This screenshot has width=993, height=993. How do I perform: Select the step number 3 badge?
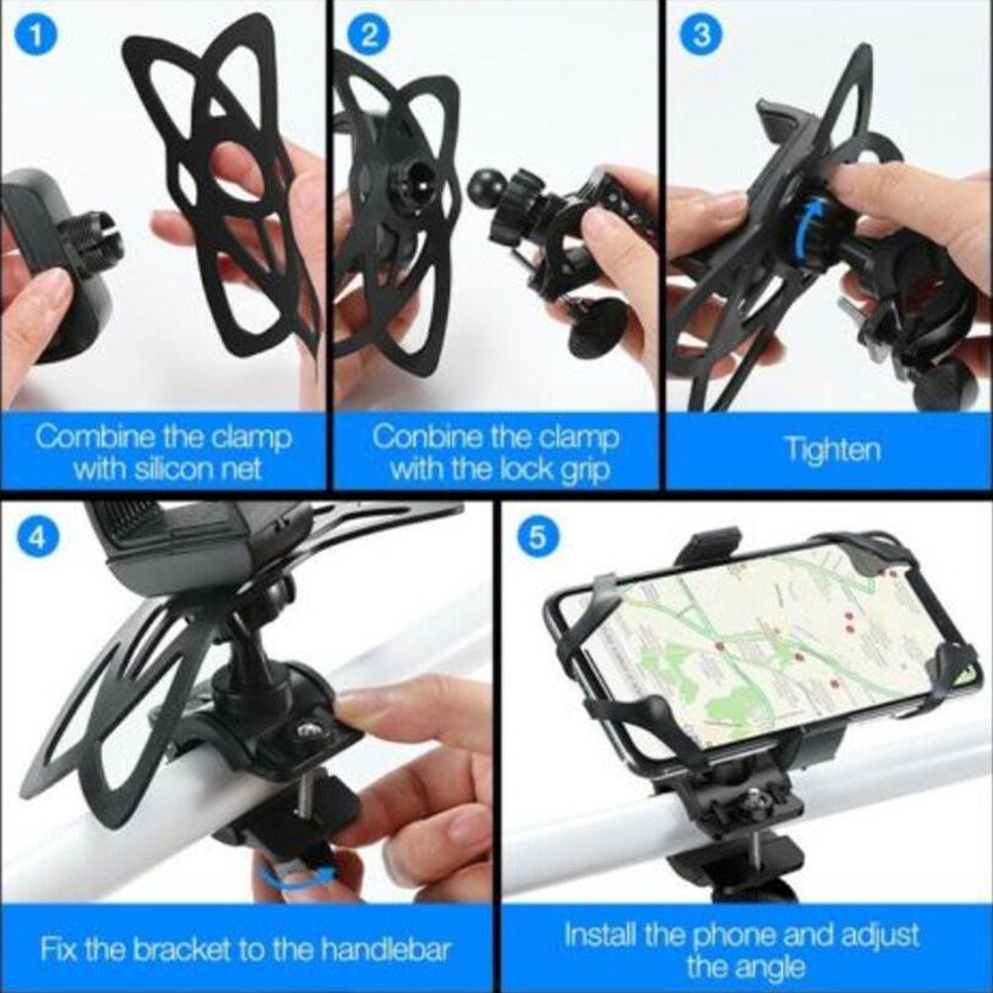tap(701, 34)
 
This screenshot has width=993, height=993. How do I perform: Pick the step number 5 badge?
tap(535, 537)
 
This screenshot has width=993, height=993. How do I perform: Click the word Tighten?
tap(832, 450)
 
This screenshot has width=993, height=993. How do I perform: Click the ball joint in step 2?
tap(485, 184)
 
